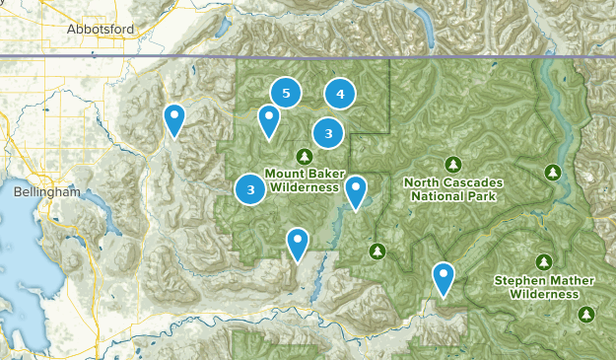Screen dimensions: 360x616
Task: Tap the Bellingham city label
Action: (46, 193)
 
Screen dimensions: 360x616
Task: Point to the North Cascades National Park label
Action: (453, 189)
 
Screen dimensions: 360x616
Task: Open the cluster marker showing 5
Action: (286, 94)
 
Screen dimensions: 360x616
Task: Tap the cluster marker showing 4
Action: (340, 95)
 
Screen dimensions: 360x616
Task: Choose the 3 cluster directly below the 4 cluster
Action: (328, 132)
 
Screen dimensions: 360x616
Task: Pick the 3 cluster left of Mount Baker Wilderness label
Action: (251, 188)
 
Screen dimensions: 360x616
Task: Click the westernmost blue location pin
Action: (173, 119)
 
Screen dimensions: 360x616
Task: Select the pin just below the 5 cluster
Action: (268, 120)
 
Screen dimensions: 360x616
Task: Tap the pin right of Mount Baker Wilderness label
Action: (355, 190)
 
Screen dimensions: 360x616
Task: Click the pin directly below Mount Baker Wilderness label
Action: (297, 243)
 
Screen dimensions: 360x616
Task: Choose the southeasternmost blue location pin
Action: (445, 277)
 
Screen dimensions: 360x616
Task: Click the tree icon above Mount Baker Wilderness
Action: (304, 156)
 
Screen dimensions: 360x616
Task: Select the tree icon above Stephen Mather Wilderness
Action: (543, 261)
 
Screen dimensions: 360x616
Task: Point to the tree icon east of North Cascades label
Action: (553, 174)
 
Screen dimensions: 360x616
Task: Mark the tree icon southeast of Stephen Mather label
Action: (586, 315)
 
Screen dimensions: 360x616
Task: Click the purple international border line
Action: (296, 57)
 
